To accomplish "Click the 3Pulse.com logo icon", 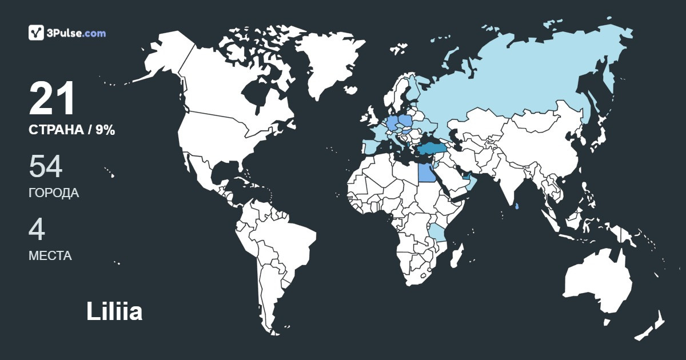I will point(37,33).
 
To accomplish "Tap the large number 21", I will point(52,99).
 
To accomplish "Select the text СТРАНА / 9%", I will point(72,130).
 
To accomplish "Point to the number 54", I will point(45,167).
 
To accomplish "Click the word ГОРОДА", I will point(54,193).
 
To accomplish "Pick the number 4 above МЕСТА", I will point(37,230).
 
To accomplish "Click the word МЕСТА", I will point(50,256).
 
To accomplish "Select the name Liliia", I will point(114,312).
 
